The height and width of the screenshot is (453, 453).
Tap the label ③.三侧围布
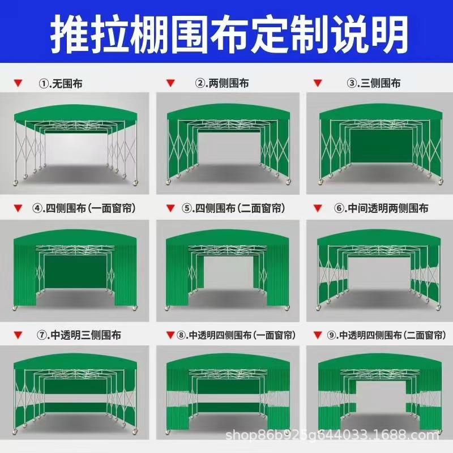[x=374, y=83]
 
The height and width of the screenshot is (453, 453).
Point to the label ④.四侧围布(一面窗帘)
[x=84, y=208]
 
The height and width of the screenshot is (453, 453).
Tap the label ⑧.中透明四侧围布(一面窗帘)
[x=233, y=335]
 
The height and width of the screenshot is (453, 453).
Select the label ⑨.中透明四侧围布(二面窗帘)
[x=384, y=335]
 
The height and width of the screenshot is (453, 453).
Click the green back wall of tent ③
[x=378, y=146]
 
